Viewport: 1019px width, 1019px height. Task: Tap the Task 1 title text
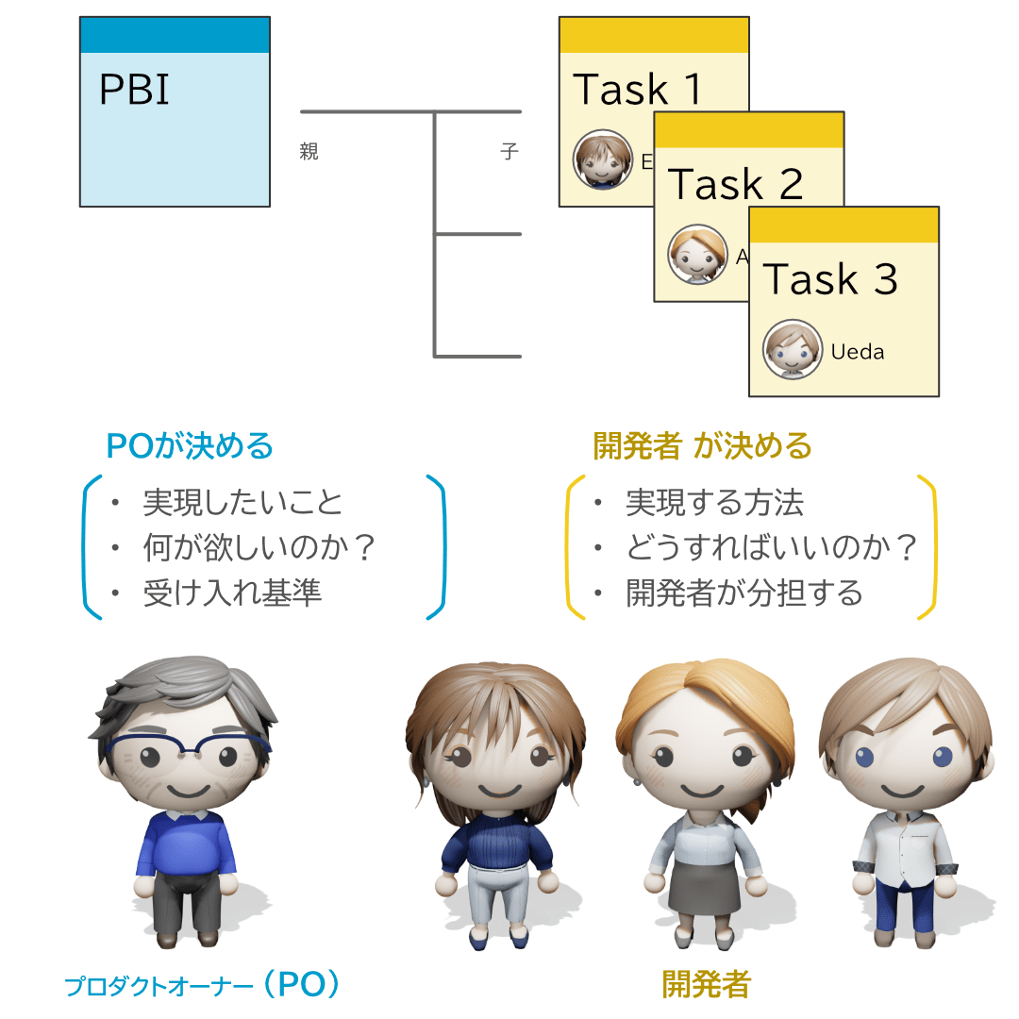pyautogui.click(x=638, y=90)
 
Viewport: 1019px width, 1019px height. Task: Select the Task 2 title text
pyautogui.click(x=735, y=184)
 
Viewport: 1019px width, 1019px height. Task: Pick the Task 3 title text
pyautogui.click(x=830, y=279)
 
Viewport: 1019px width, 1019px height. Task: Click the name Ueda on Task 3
pyautogui.click(x=858, y=352)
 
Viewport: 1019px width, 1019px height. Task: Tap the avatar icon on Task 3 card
pyautogui.click(x=791, y=350)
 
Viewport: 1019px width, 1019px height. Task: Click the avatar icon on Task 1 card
pyautogui.click(x=602, y=160)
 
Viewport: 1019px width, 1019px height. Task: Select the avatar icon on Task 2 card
pyautogui.click(x=696, y=255)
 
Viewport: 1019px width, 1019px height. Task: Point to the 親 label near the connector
pyautogui.click(x=309, y=152)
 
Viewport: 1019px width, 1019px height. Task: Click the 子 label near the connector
pyautogui.click(x=509, y=152)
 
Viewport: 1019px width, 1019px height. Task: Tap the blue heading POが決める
pyautogui.click(x=190, y=445)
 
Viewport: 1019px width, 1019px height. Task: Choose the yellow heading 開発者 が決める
pyautogui.click(x=702, y=445)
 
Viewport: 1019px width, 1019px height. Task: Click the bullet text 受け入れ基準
pyautogui.click(x=232, y=593)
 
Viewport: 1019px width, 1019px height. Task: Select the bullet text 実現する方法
pyautogui.click(x=714, y=503)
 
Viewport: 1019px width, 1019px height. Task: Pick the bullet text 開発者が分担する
pyautogui.click(x=744, y=593)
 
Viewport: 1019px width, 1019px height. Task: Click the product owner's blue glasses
pyautogui.click(x=189, y=752)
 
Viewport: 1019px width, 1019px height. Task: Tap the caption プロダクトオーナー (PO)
pyautogui.click(x=202, y=986)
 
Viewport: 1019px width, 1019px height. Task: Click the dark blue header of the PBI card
pyautogui.click(x=175, y=35)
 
